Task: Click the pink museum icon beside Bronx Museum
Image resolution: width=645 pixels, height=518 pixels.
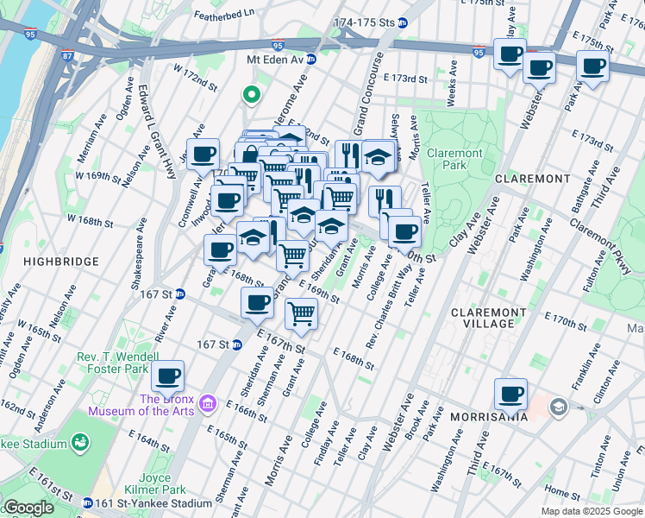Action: (x=207, y=403)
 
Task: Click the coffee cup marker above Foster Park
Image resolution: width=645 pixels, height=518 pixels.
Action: (x=169, y=376)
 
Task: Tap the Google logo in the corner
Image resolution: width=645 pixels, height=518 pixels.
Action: (x=28, y=508)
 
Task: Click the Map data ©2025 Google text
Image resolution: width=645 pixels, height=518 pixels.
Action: (x=591, y=511)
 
